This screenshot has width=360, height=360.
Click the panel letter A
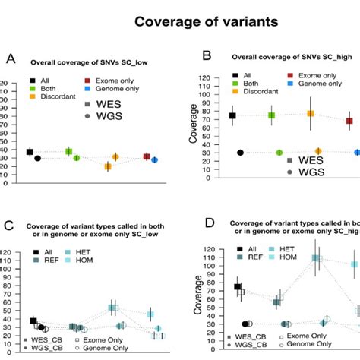point(10,58)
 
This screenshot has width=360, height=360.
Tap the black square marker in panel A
point(30,152)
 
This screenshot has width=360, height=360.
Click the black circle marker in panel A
point(38,158)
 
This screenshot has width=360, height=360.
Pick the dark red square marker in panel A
point(147,156)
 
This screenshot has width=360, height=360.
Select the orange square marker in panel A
point(108,166)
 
